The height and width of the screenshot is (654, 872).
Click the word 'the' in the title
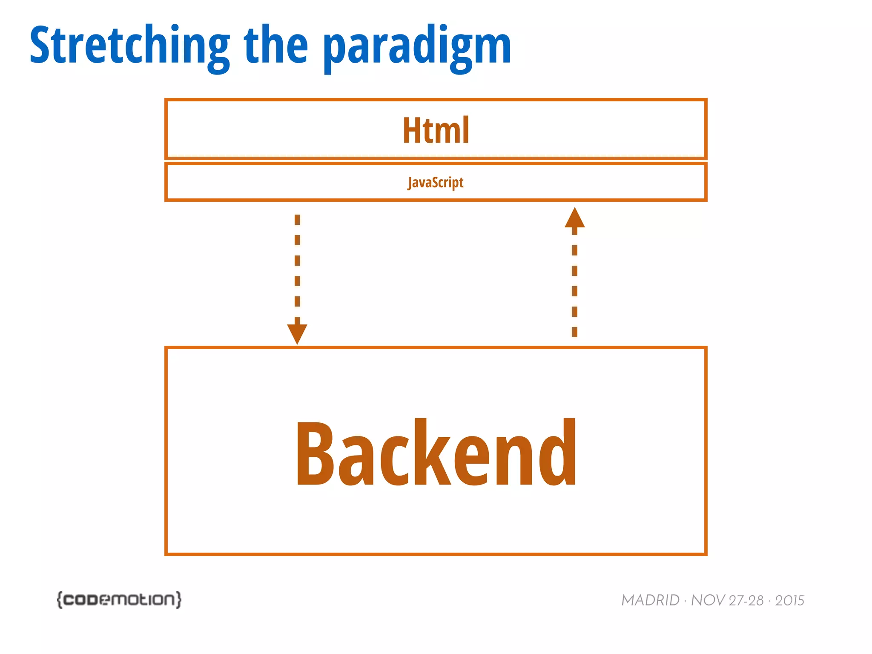pyautogui.click(x=276, y=45)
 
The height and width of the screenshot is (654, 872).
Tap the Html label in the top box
pyautogui.click(x=436, y=130)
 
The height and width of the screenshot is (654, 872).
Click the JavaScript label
pyautogui.click(x=436, y=183)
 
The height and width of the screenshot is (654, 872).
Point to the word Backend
pyautogui.click(x=436, y=453)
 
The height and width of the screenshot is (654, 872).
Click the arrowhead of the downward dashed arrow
pyautogui.click(x=297, y=333)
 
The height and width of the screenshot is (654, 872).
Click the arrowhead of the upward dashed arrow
pyautogui.click(x=575, y=218)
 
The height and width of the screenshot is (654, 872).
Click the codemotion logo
pyautogui.click(x=119, y=599)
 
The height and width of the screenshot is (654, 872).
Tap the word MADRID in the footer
pyautogui.click(x=650, y=600)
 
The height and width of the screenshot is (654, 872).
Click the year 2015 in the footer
pyautogui.click(x=789, y=600)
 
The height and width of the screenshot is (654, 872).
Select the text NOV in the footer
pyautogui.click(x=707, y=600)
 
